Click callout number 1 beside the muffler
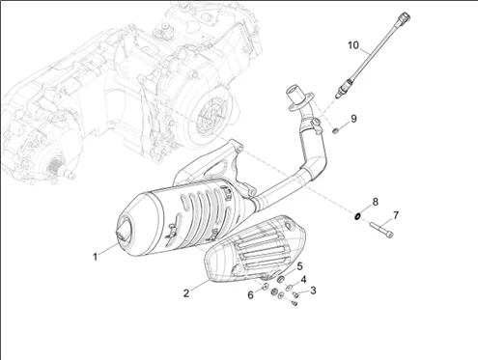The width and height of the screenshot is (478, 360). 95,257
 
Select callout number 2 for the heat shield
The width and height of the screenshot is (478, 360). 186,293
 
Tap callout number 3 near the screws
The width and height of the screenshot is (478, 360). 313,291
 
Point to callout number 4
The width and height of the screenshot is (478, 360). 303,280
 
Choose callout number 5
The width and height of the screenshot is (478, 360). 299,266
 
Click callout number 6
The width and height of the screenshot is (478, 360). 250,295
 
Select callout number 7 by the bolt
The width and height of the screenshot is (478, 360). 396,215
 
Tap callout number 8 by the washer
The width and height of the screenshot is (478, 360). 375,202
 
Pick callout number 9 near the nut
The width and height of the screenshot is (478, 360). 353,119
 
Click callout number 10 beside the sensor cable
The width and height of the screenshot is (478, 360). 353,45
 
